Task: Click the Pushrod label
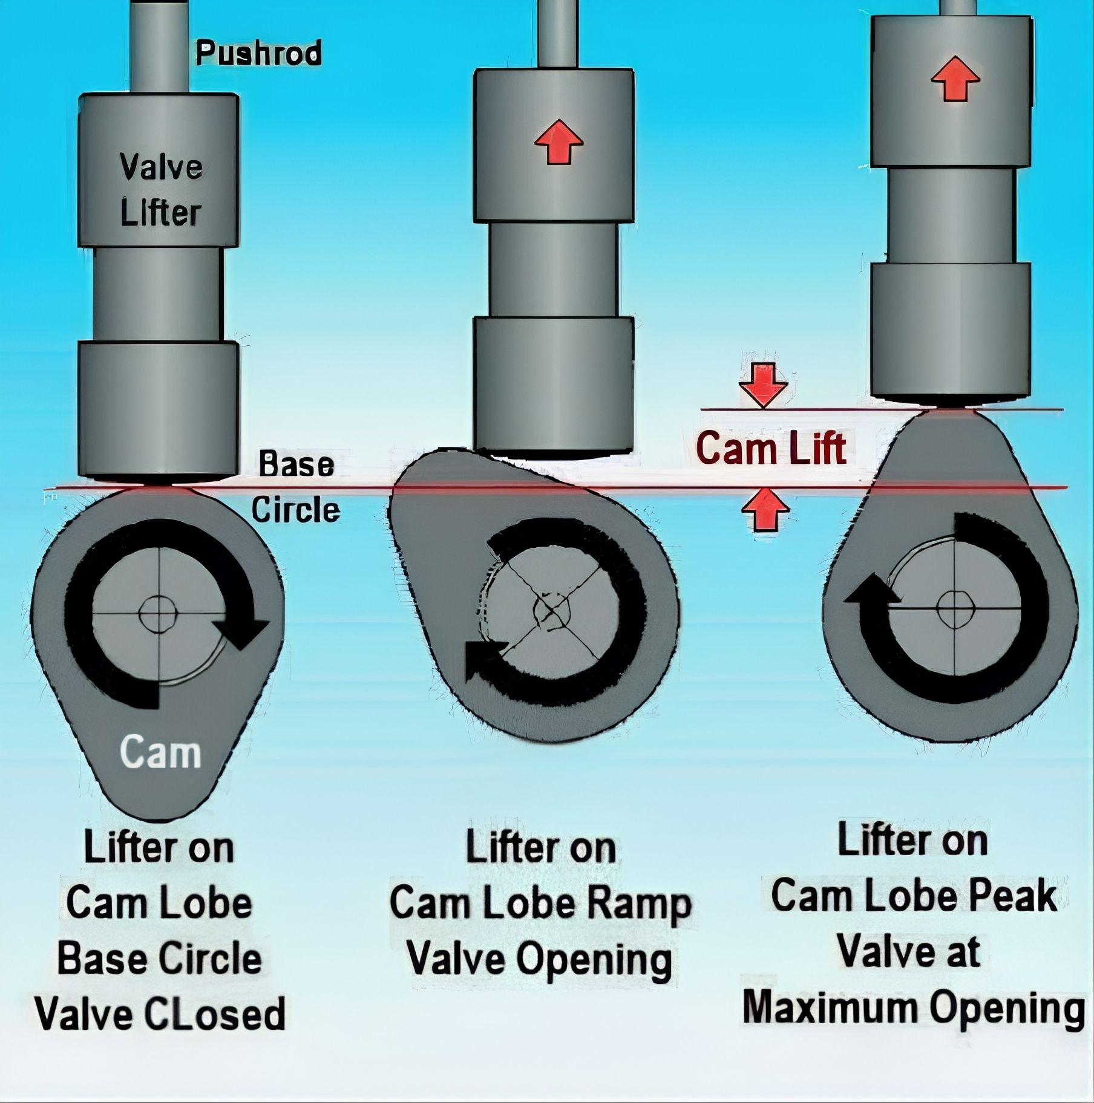(258, 53)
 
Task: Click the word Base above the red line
(296, 464)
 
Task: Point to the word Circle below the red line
(295, 510)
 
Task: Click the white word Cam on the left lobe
(160, 752)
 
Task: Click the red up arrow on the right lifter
(955, 78)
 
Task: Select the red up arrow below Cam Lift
(765, 510)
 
